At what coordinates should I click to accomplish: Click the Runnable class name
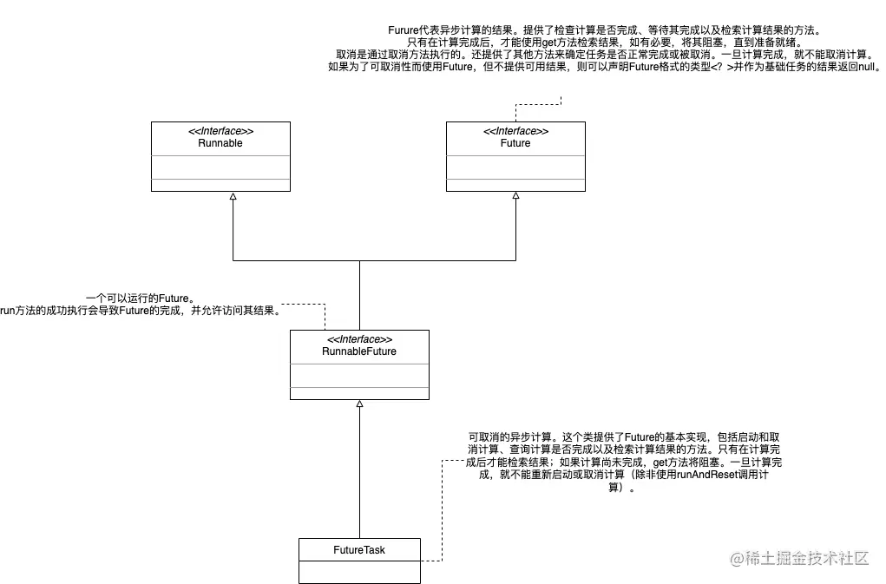220,143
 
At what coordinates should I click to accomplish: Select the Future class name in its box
515,143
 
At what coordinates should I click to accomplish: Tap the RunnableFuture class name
359,351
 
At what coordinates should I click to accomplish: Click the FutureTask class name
359,550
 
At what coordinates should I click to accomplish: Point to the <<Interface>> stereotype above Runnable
220,131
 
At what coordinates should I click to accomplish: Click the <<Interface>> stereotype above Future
515,131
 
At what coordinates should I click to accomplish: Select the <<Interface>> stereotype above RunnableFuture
359,339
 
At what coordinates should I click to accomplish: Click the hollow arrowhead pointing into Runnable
233,197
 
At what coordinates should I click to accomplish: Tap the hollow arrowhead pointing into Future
515,197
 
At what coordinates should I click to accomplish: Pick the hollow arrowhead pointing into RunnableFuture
359,405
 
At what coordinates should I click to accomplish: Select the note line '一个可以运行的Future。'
139,298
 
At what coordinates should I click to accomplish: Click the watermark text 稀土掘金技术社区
808,559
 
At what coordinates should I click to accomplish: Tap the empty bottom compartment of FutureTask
359,572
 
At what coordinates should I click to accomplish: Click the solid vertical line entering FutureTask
359,486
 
